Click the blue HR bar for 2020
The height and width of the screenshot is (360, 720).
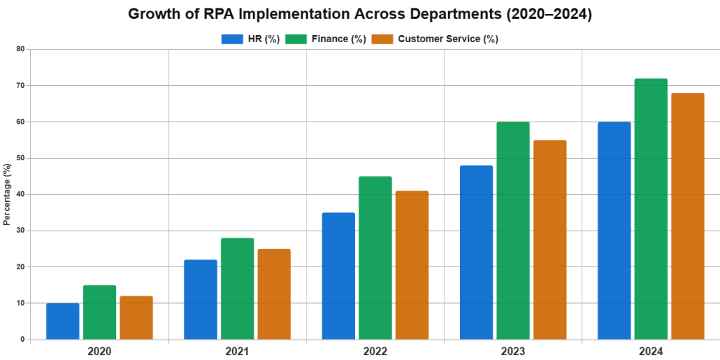pyautogui.click(x=63, y=321)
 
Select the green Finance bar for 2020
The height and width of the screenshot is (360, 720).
pyautogui.click(x=99, y=312)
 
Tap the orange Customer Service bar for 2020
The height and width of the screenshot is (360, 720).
pyautogui.click(x=136, y=318)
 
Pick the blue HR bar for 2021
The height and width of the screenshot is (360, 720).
pyautogui.click(x=200, y=300)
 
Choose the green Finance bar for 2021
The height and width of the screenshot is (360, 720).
pyautogui.click(x=237, y=288)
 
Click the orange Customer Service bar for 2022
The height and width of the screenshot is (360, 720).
pyautogui.click(x=411, y=265)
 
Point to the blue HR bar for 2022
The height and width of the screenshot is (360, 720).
pyautogui.click(x=338, y=276)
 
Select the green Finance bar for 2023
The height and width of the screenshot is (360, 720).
pyautogui.click(x=513, y=231)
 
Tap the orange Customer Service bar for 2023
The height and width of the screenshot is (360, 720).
pyautogui.click(x=549, y=240)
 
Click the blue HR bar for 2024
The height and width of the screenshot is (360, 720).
pyautogui.click(x=614, y=231)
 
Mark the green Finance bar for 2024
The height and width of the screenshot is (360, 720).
pyautogui.click(x=650, y=209)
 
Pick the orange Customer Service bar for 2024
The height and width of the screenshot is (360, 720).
pyautogui.click(x=687, y=216)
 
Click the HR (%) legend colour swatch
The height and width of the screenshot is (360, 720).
pyautogui.click(x=231, y=39)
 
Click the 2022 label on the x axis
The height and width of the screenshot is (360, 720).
pyautogui.click(x=375, y=350)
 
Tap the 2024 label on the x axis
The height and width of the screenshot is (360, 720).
pyautogui.click(x=650, y=350)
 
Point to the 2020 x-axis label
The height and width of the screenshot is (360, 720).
pyautogui.click(x=99, y=350)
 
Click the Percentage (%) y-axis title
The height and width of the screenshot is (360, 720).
pyautogui.click(x=6, y=194)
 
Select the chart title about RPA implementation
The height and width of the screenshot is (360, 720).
pyautogui.click(x=360, y=14)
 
